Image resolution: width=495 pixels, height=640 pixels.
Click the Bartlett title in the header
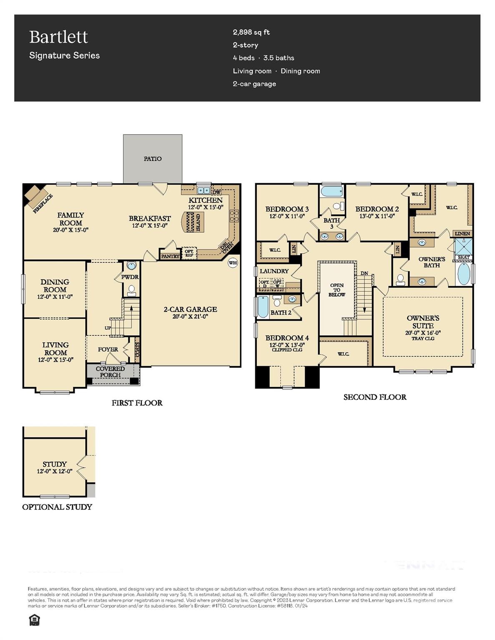[x=58, y=37]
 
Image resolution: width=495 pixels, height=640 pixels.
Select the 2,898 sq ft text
[x=251, y=32]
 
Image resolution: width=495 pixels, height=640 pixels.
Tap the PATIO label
[x=153, y=159]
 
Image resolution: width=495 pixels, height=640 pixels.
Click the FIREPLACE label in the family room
[x=43, y=203]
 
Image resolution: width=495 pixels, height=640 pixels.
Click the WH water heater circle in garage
[x=233, y=263]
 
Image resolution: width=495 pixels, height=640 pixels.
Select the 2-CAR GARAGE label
[x=190, y=309]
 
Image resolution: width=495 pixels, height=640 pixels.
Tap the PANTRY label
[x=170, y=256]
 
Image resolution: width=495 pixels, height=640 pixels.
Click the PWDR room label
[x=130, y=277]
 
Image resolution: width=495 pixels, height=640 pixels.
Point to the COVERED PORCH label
[x=110, y=372]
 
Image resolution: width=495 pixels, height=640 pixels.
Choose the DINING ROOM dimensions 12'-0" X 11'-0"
[x=55, y=297]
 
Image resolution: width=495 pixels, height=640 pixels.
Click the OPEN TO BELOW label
[x=337, y=290]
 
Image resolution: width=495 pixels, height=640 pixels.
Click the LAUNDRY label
[x=274, y=271]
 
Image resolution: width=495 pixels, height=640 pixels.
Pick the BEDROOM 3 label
[x=287, y=209]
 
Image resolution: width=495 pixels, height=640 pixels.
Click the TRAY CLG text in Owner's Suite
[x=423, y=339]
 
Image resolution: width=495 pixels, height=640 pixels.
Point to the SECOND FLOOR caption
[x=374, y=397]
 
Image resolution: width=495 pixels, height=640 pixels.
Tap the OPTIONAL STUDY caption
[x=57, y=507]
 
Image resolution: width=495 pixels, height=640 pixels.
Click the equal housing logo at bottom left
[x=34, y=620]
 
